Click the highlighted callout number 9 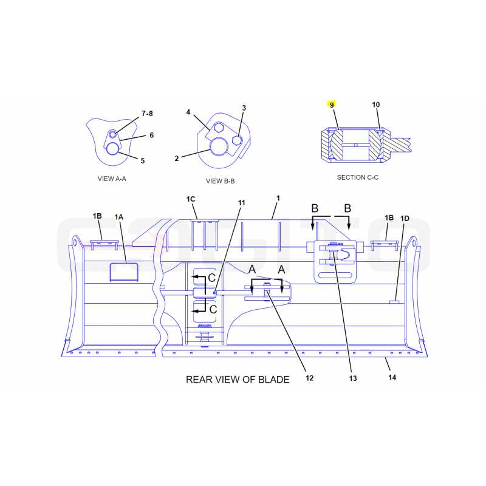(x=332, y=104)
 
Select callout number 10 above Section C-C (x=375, y=104)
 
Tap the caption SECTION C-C (x=358, y=177)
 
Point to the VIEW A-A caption (x=112, y=179)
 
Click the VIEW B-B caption (x=221, y=181)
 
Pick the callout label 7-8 (x=147, y=114)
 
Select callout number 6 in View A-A (x=151, y=135)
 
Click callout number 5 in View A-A (x=143, y=160)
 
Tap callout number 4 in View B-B (x=188, y=112)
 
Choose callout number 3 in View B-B (x=244, y=108)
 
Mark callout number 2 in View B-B (x=177, y=159)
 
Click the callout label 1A (x=118, y=217)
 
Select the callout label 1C (x=191, y=199)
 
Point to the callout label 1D (x=405, y=219)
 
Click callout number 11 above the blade (x=241, y=203)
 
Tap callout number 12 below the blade (x=309, y=378)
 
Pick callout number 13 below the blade (x=353, y=378)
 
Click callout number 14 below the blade (x=392, y=377)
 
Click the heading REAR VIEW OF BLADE (x=238, y=379)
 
